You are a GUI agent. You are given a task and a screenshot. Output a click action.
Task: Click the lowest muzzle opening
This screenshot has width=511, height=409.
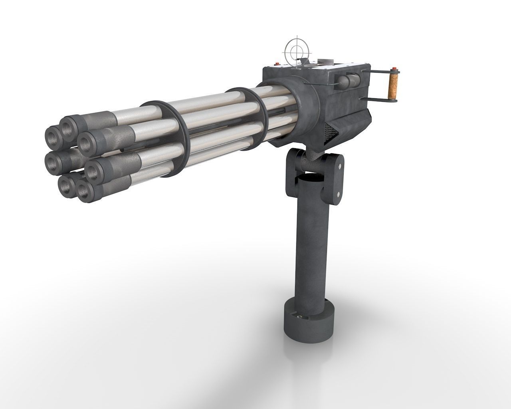[x=85, y=195]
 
